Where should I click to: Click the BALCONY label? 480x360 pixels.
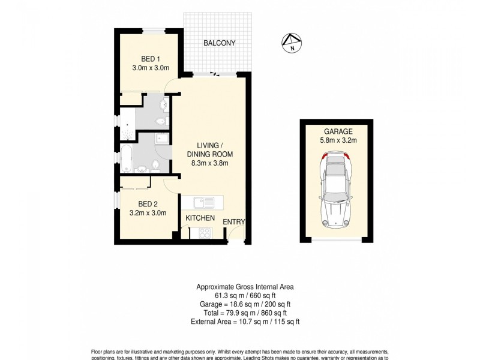(218, 43)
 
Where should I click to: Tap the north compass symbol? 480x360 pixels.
(290, 41)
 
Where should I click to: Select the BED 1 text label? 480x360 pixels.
(150, 59)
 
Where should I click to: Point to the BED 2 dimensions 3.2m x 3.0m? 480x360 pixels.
(148, 212)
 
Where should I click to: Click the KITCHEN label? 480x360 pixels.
(200, 218)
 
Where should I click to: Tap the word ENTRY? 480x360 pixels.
(234, 222)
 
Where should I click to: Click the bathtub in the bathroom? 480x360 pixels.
(127, 157)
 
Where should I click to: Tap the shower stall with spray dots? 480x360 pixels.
(128, 123)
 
